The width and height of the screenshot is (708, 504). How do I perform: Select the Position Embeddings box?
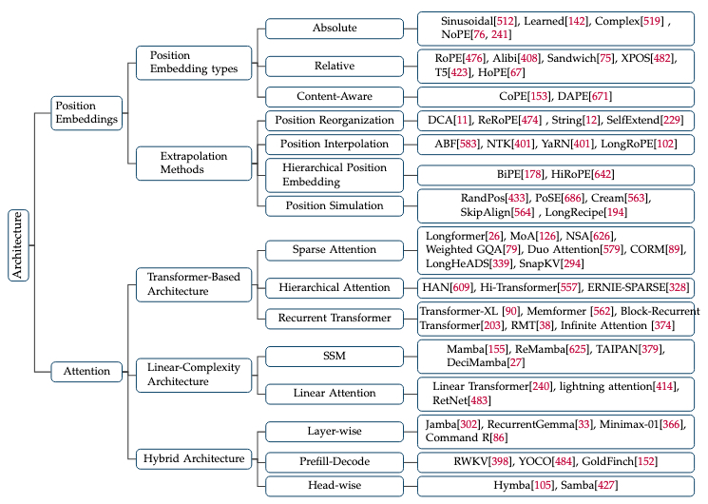click(x=86, y=112)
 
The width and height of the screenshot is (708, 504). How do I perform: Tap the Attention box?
click(x=86, y=371)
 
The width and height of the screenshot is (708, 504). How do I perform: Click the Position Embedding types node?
click(x=191, y=63)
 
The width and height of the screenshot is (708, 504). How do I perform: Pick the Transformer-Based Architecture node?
click(x=193, y=283)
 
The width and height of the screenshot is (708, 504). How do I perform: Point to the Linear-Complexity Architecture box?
click(x=193, y=374)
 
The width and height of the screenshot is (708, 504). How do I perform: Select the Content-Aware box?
click(x=334, y=96)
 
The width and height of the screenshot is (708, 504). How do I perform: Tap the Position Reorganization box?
click(x=334, y=121)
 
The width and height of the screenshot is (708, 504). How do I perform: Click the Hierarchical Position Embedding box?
click(x=334, y=175)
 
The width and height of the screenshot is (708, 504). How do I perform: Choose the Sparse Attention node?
click(x=334, y=250)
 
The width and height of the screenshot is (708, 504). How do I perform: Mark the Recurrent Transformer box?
click(x=334, y=317)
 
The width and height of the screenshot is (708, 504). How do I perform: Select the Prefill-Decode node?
click(x=334, y=462)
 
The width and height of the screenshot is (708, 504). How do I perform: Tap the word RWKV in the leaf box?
click(x=453, y=462)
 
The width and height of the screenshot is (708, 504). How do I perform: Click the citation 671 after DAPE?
click(x=597, y=96)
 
